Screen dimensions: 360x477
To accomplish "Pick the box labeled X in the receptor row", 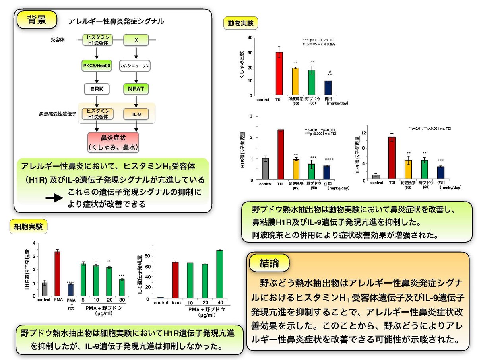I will [136, 39].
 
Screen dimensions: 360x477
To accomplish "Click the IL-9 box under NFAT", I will [136, 114].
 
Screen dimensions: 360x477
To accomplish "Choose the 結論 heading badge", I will [269, 263].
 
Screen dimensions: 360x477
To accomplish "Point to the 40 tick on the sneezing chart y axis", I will [250, 37].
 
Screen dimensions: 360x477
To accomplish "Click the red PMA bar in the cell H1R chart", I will [57, 274].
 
